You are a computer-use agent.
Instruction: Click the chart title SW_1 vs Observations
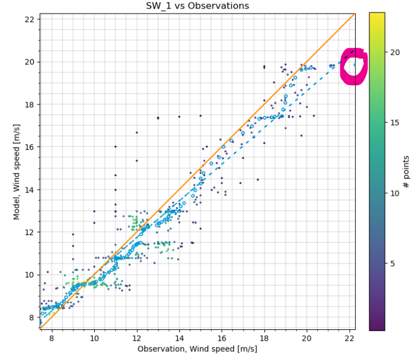pyautogui.click(x=197, y=6)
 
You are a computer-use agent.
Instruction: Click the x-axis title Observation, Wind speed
pyautogui.click(x=197, y=349)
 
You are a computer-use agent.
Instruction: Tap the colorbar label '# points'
pyautogui.click(x=406, y=171)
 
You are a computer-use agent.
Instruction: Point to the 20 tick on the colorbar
pyautogui.click(x=395, y=52)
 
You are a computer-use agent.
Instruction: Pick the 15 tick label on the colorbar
pyautogui.click(x=395, y=123)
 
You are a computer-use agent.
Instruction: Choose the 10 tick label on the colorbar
pyautogui.click(x=395, y=193)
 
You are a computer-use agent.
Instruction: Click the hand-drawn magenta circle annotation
pyautogui.click(x=354, y=67)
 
